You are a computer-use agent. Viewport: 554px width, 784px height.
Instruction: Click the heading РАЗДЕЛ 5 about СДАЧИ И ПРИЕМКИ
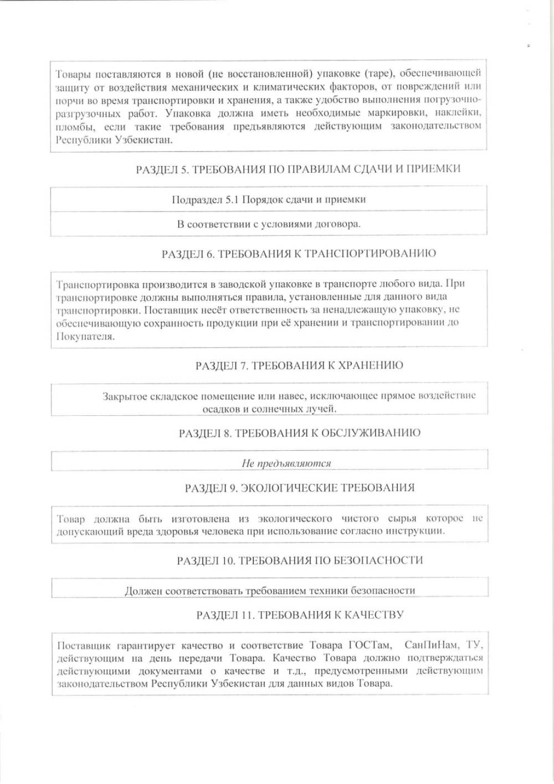pos(298,169)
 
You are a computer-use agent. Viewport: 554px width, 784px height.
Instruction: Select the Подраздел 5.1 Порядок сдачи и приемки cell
pos(269,199)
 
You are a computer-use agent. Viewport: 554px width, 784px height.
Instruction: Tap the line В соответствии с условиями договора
pos(269,224)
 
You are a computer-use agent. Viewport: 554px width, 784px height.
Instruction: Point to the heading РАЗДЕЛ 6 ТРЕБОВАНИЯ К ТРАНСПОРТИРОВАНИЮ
pos(299,254)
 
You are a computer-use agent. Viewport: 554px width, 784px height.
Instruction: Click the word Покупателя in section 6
pos(85,336)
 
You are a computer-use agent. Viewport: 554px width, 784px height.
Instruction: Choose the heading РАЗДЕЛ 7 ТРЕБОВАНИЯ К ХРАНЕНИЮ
pos(299,365)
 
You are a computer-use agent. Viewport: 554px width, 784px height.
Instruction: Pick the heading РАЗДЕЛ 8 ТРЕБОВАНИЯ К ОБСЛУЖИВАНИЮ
pos(299,433)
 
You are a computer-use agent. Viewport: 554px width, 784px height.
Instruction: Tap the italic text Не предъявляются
pos(286,463)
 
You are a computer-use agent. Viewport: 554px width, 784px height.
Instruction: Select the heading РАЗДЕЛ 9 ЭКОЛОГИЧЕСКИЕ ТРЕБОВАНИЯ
pos(300,488)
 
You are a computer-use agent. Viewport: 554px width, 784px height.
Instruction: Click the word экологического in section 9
pos(295,519)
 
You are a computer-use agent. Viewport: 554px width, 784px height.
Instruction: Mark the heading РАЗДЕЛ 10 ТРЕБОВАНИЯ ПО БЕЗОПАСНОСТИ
pos(300,560)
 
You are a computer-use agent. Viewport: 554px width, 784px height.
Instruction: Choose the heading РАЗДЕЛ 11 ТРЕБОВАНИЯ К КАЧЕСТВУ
pos(300,615)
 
